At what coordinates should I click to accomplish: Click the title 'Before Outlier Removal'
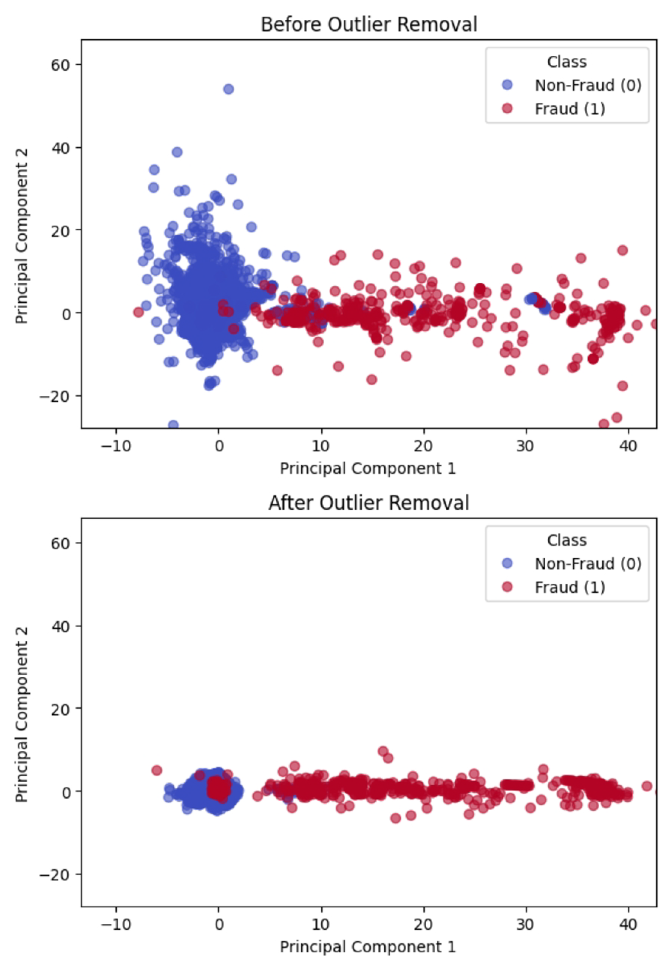tap(369, 24)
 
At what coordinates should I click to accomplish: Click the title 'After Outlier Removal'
tap(369, 503)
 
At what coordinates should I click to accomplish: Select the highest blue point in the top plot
tap(229, 89)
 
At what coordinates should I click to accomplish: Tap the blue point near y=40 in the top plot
tap(177, 152)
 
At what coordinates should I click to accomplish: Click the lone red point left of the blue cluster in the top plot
tap(138, 312)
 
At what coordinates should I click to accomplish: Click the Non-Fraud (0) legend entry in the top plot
tap(588, 85)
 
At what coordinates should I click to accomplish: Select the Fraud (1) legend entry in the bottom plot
tap(570, 587)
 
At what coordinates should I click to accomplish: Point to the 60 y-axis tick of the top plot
tap(60, 65)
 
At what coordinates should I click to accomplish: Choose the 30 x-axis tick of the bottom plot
tap(525, 925)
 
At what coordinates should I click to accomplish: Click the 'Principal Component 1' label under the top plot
tap(368, 468)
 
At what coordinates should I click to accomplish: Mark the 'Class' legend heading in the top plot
tap(567, 62)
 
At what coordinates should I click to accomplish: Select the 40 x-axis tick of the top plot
tap(628, 446)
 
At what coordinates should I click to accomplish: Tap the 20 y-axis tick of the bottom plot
tap(60, 709)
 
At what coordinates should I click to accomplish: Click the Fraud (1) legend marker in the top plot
tap(507, 109)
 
